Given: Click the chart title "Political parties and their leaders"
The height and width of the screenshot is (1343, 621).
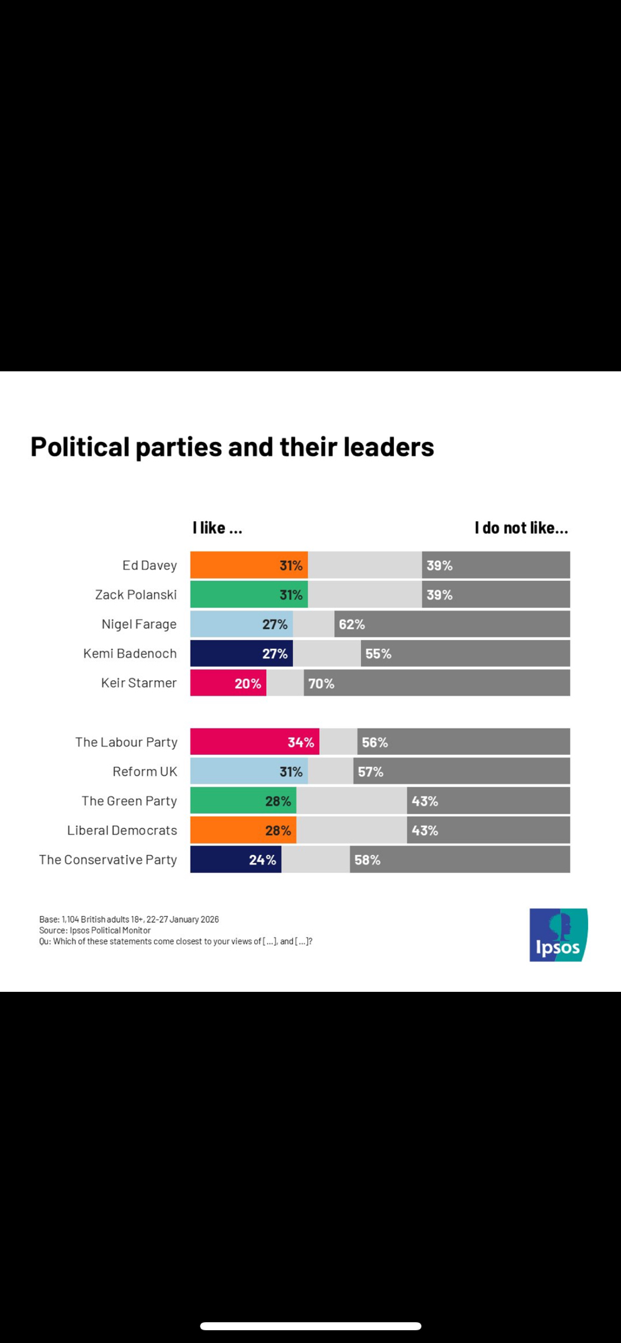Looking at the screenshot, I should pos(232,447).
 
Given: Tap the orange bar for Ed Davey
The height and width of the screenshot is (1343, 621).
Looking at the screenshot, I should pos(249,565).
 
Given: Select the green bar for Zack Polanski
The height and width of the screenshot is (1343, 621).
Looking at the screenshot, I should pos(249,595).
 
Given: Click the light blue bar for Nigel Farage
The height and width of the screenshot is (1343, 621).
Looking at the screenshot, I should pos(241,624).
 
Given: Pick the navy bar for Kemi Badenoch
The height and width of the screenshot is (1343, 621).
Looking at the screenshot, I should pos(241,653).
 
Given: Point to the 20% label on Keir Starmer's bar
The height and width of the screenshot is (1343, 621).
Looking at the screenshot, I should pos(247,684).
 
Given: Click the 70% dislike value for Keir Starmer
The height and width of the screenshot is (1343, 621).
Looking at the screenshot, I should pos(321,684).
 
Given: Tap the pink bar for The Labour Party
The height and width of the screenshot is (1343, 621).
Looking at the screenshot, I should pos(254,742).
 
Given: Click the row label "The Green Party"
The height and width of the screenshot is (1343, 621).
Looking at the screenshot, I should pos(129,801).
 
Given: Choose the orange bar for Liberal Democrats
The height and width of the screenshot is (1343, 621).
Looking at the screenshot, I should pos(243,831).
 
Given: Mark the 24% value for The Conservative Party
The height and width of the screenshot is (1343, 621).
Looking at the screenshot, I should pos(262,860).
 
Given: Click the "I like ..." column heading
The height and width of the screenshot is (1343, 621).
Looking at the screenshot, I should pos(217,528).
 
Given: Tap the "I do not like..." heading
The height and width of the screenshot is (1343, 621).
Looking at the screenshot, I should pos(521,528).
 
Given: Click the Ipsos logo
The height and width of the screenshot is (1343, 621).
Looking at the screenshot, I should pos(558,935).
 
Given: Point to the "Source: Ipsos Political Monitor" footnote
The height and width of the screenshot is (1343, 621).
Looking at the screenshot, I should pos(95,931).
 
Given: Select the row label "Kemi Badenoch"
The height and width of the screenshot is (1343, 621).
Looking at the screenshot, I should pos(130,653).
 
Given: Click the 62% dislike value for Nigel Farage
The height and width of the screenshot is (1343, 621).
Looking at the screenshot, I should pos(351,624).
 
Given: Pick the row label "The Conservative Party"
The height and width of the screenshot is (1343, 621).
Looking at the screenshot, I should pos(108,860).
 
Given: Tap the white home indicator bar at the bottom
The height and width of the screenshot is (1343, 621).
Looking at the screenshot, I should pos(310,1326).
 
